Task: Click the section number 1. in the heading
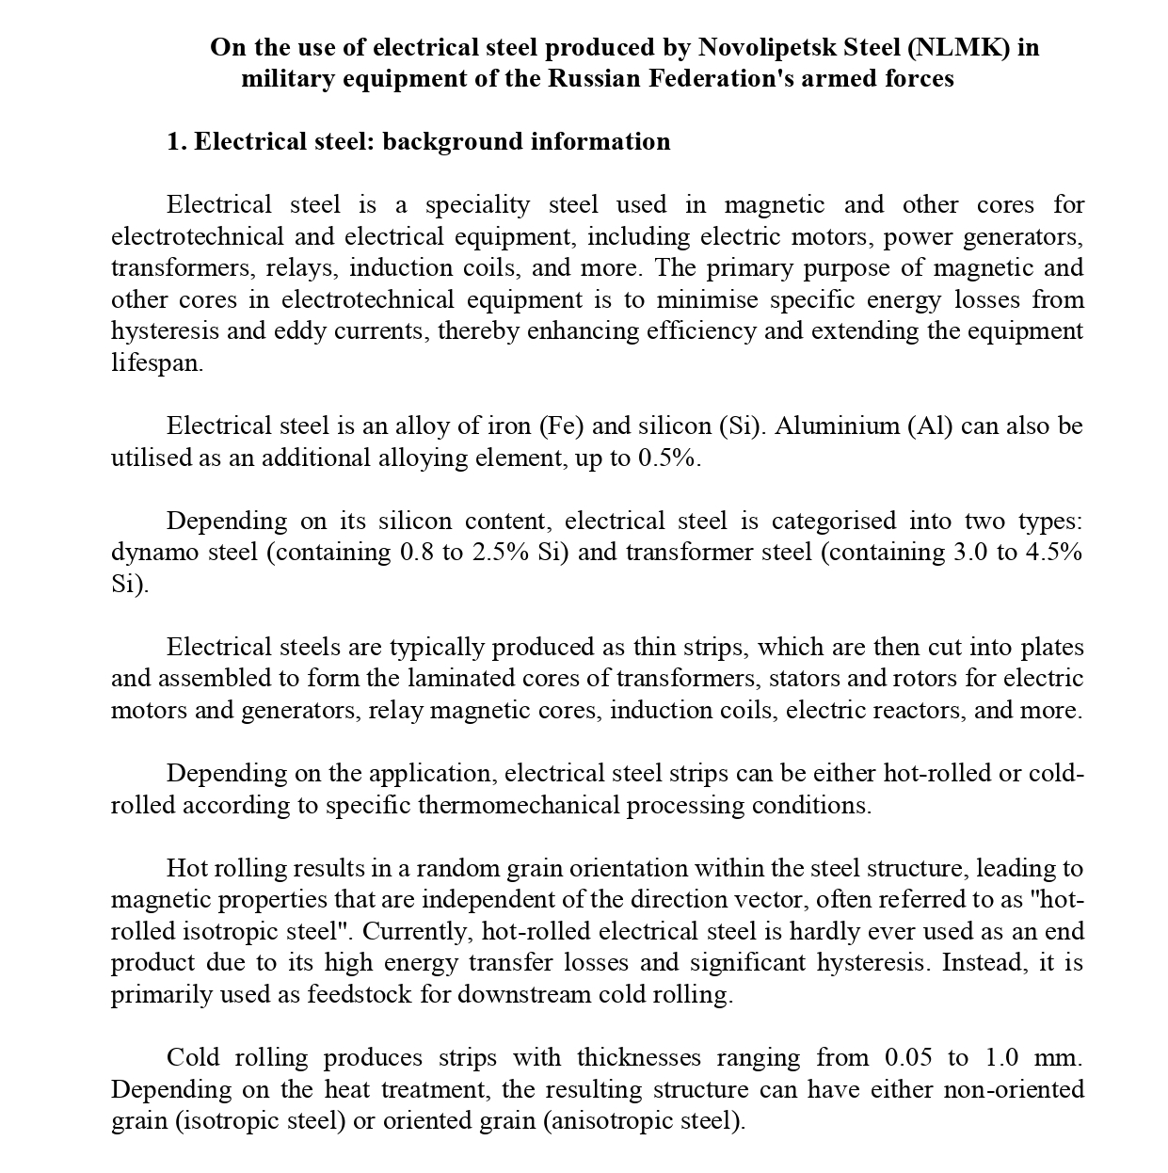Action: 177,142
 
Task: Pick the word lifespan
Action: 156,363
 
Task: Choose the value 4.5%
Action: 1053,553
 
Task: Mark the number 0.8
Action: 417,553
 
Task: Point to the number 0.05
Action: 908,1058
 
